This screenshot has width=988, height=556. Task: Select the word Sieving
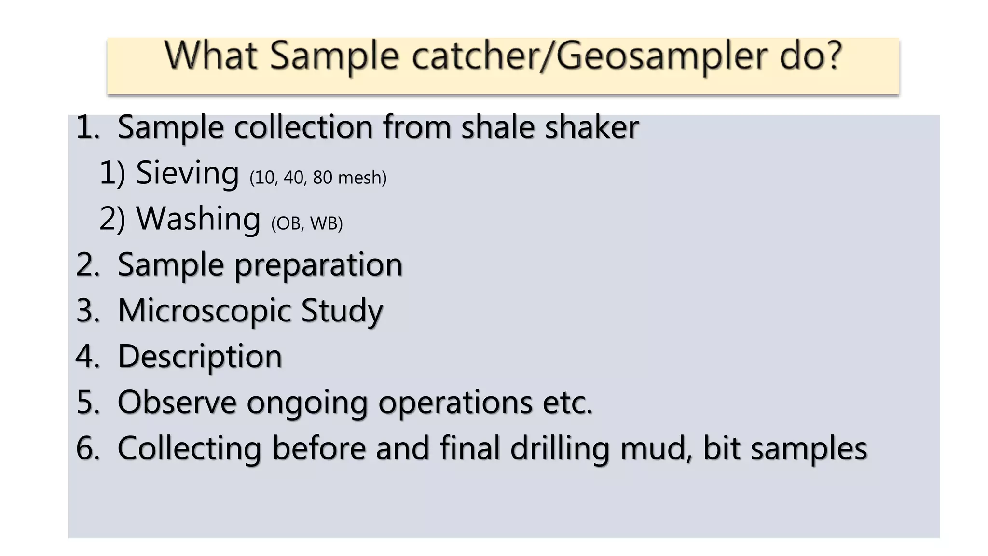coord(187,173)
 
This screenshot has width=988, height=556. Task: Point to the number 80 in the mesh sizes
coord(322,178)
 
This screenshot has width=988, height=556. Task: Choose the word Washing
coord(198,219)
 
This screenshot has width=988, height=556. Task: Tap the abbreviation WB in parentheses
coord(326,223)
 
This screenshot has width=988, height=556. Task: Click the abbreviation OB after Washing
coord(288,223)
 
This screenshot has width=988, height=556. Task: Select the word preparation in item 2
coord(318,265)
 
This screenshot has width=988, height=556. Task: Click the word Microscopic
coord(205,311)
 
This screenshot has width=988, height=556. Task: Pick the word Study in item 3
coord(342,311)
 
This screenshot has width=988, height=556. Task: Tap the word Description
coord(200,357)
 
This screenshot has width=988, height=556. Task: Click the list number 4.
coord(87,357)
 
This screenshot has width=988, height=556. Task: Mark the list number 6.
coord(87,448)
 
